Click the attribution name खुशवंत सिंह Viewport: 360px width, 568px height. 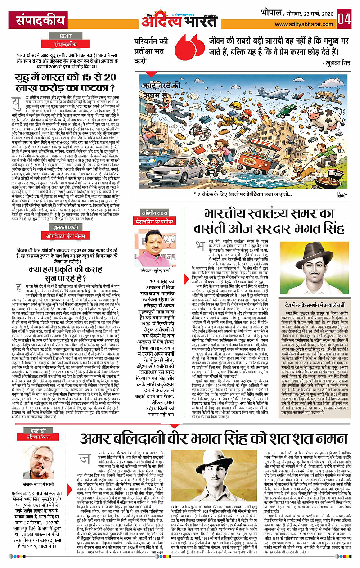tap(333, 65)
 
